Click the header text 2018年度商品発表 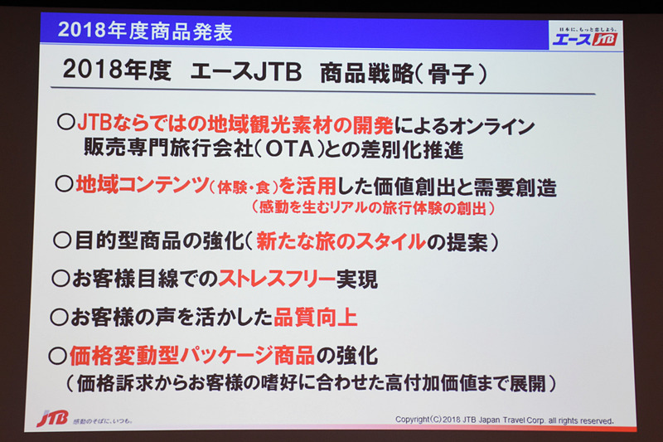[146, 32]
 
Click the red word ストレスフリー [283, 279]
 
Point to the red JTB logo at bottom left [52, 418]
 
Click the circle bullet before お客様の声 [59, 317]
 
